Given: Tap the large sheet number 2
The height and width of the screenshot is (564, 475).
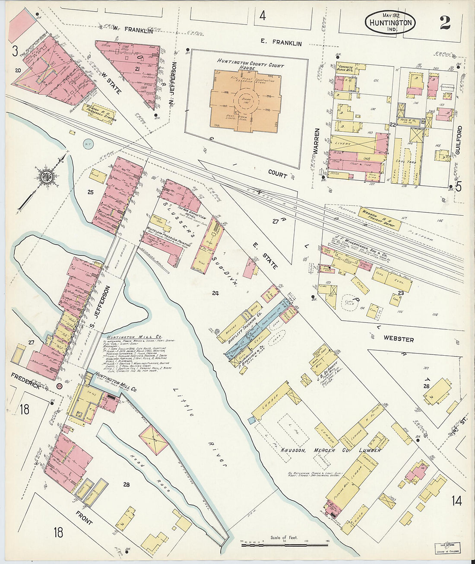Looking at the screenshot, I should (x=445, y=22).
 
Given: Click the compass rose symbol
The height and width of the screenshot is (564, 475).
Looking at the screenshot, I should (x=45, y=176).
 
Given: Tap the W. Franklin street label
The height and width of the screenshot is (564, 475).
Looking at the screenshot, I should (x=133, y=30).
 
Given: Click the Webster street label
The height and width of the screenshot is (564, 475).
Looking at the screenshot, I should (x=398, y=340).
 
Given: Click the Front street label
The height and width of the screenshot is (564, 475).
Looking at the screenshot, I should (x=84, y=518).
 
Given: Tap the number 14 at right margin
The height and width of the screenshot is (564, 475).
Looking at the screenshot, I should (x=456, y=501).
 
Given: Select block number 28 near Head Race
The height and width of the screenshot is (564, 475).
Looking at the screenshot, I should (x=126, y=484).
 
